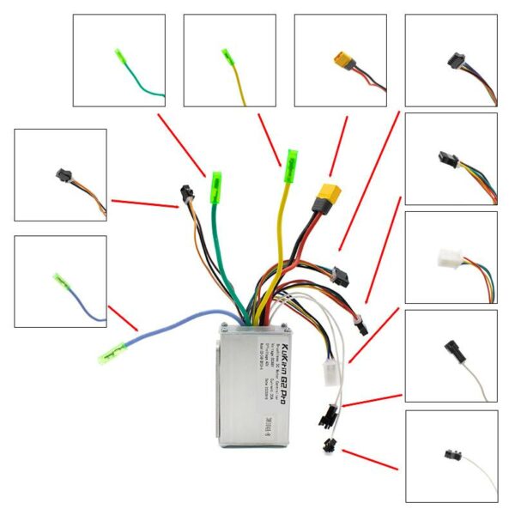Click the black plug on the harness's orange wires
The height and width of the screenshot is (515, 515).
pyautogui.click(x=185, y=195)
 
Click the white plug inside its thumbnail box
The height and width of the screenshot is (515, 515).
pyautogui.click(x=448, y=257)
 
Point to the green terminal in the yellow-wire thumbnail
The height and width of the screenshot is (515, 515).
pyautogui.click(x=228, y=55)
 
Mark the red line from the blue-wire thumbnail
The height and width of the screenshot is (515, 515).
pyautogui.click(x=124, y=318)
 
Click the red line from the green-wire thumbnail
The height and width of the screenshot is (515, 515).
pyautogui.click(x=181, y=143)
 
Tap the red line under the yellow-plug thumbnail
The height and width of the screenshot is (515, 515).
pyautogui.click(x=337, y=142)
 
